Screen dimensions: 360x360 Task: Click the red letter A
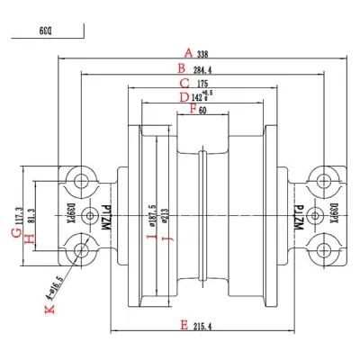tap(188, 51)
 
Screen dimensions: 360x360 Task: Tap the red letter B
tap(181, 67)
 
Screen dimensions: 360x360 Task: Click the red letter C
tap(184, 83)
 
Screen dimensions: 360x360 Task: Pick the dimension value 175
tap(202, 85)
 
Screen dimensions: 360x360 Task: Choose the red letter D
tap(184, 97)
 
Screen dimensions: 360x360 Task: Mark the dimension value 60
tap(202, 110)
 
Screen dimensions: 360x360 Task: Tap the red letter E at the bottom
tap(184, 325)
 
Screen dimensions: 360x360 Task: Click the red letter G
tap(15, 233)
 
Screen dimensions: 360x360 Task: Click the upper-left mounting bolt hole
tap(82, 181)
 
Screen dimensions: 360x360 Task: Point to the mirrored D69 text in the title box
tap(45, 30)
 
